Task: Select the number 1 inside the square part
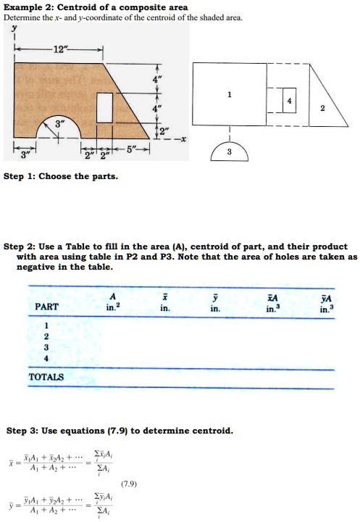229,94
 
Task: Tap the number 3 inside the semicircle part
229,151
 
